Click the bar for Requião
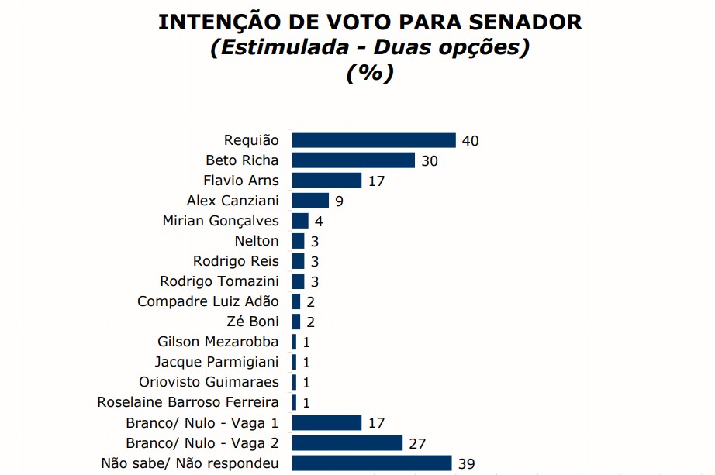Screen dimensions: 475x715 coord(373,140)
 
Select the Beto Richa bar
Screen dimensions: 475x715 coord(354,160)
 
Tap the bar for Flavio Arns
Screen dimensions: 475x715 coord(326,181)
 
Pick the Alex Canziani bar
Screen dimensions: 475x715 coord(310,201)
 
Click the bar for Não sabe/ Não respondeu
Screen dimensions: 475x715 coord(371,463)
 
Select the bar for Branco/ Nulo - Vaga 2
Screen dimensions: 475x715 coord(347,443)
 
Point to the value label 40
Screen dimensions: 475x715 coord(471,141)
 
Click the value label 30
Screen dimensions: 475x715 coord(430,161)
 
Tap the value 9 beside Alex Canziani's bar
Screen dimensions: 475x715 coord(339,201)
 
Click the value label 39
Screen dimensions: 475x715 coord(466,464)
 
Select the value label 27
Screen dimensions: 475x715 coord(418,444)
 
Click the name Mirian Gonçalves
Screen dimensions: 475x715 coord(220,221)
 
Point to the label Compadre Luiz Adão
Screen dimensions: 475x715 coord(208,301)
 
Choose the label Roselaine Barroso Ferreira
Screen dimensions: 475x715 coord(188,402)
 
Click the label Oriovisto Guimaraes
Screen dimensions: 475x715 coord(209,382)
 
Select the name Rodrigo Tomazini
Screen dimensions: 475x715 coord(219,281)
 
